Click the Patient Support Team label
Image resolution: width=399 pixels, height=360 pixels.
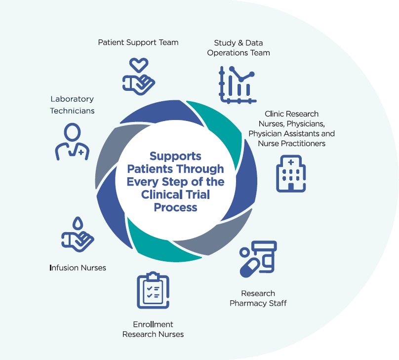[138, 42]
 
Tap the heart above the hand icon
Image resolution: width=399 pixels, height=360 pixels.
[139, 65]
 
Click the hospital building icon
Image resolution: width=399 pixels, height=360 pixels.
[290, 173]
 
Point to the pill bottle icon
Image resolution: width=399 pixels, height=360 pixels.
[265, 255]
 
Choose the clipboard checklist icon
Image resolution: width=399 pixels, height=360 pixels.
[153, 290]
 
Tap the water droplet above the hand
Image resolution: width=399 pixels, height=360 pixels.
[78, 224]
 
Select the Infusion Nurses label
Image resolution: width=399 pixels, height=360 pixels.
[78, 268]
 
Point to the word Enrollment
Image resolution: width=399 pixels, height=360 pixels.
[153, 324]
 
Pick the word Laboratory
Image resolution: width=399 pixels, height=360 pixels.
[72, 99]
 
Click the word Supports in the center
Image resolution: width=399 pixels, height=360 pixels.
[175, 156]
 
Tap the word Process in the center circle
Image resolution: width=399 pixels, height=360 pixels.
[175, 207]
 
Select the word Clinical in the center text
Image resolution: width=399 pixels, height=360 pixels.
[161, 195]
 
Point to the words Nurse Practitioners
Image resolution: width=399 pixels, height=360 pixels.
[291, 143]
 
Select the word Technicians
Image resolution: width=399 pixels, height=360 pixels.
[72, 111]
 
